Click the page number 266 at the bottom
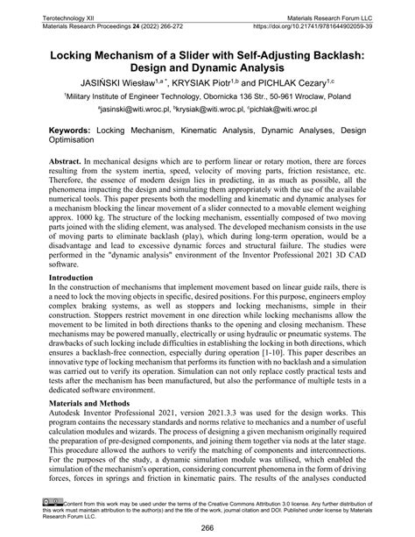(x=207, y=527)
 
